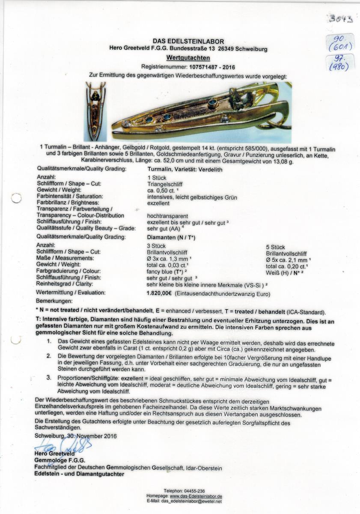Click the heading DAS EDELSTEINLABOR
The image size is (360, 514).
coord(188,42)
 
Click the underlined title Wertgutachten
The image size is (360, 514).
coord(188,57)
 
